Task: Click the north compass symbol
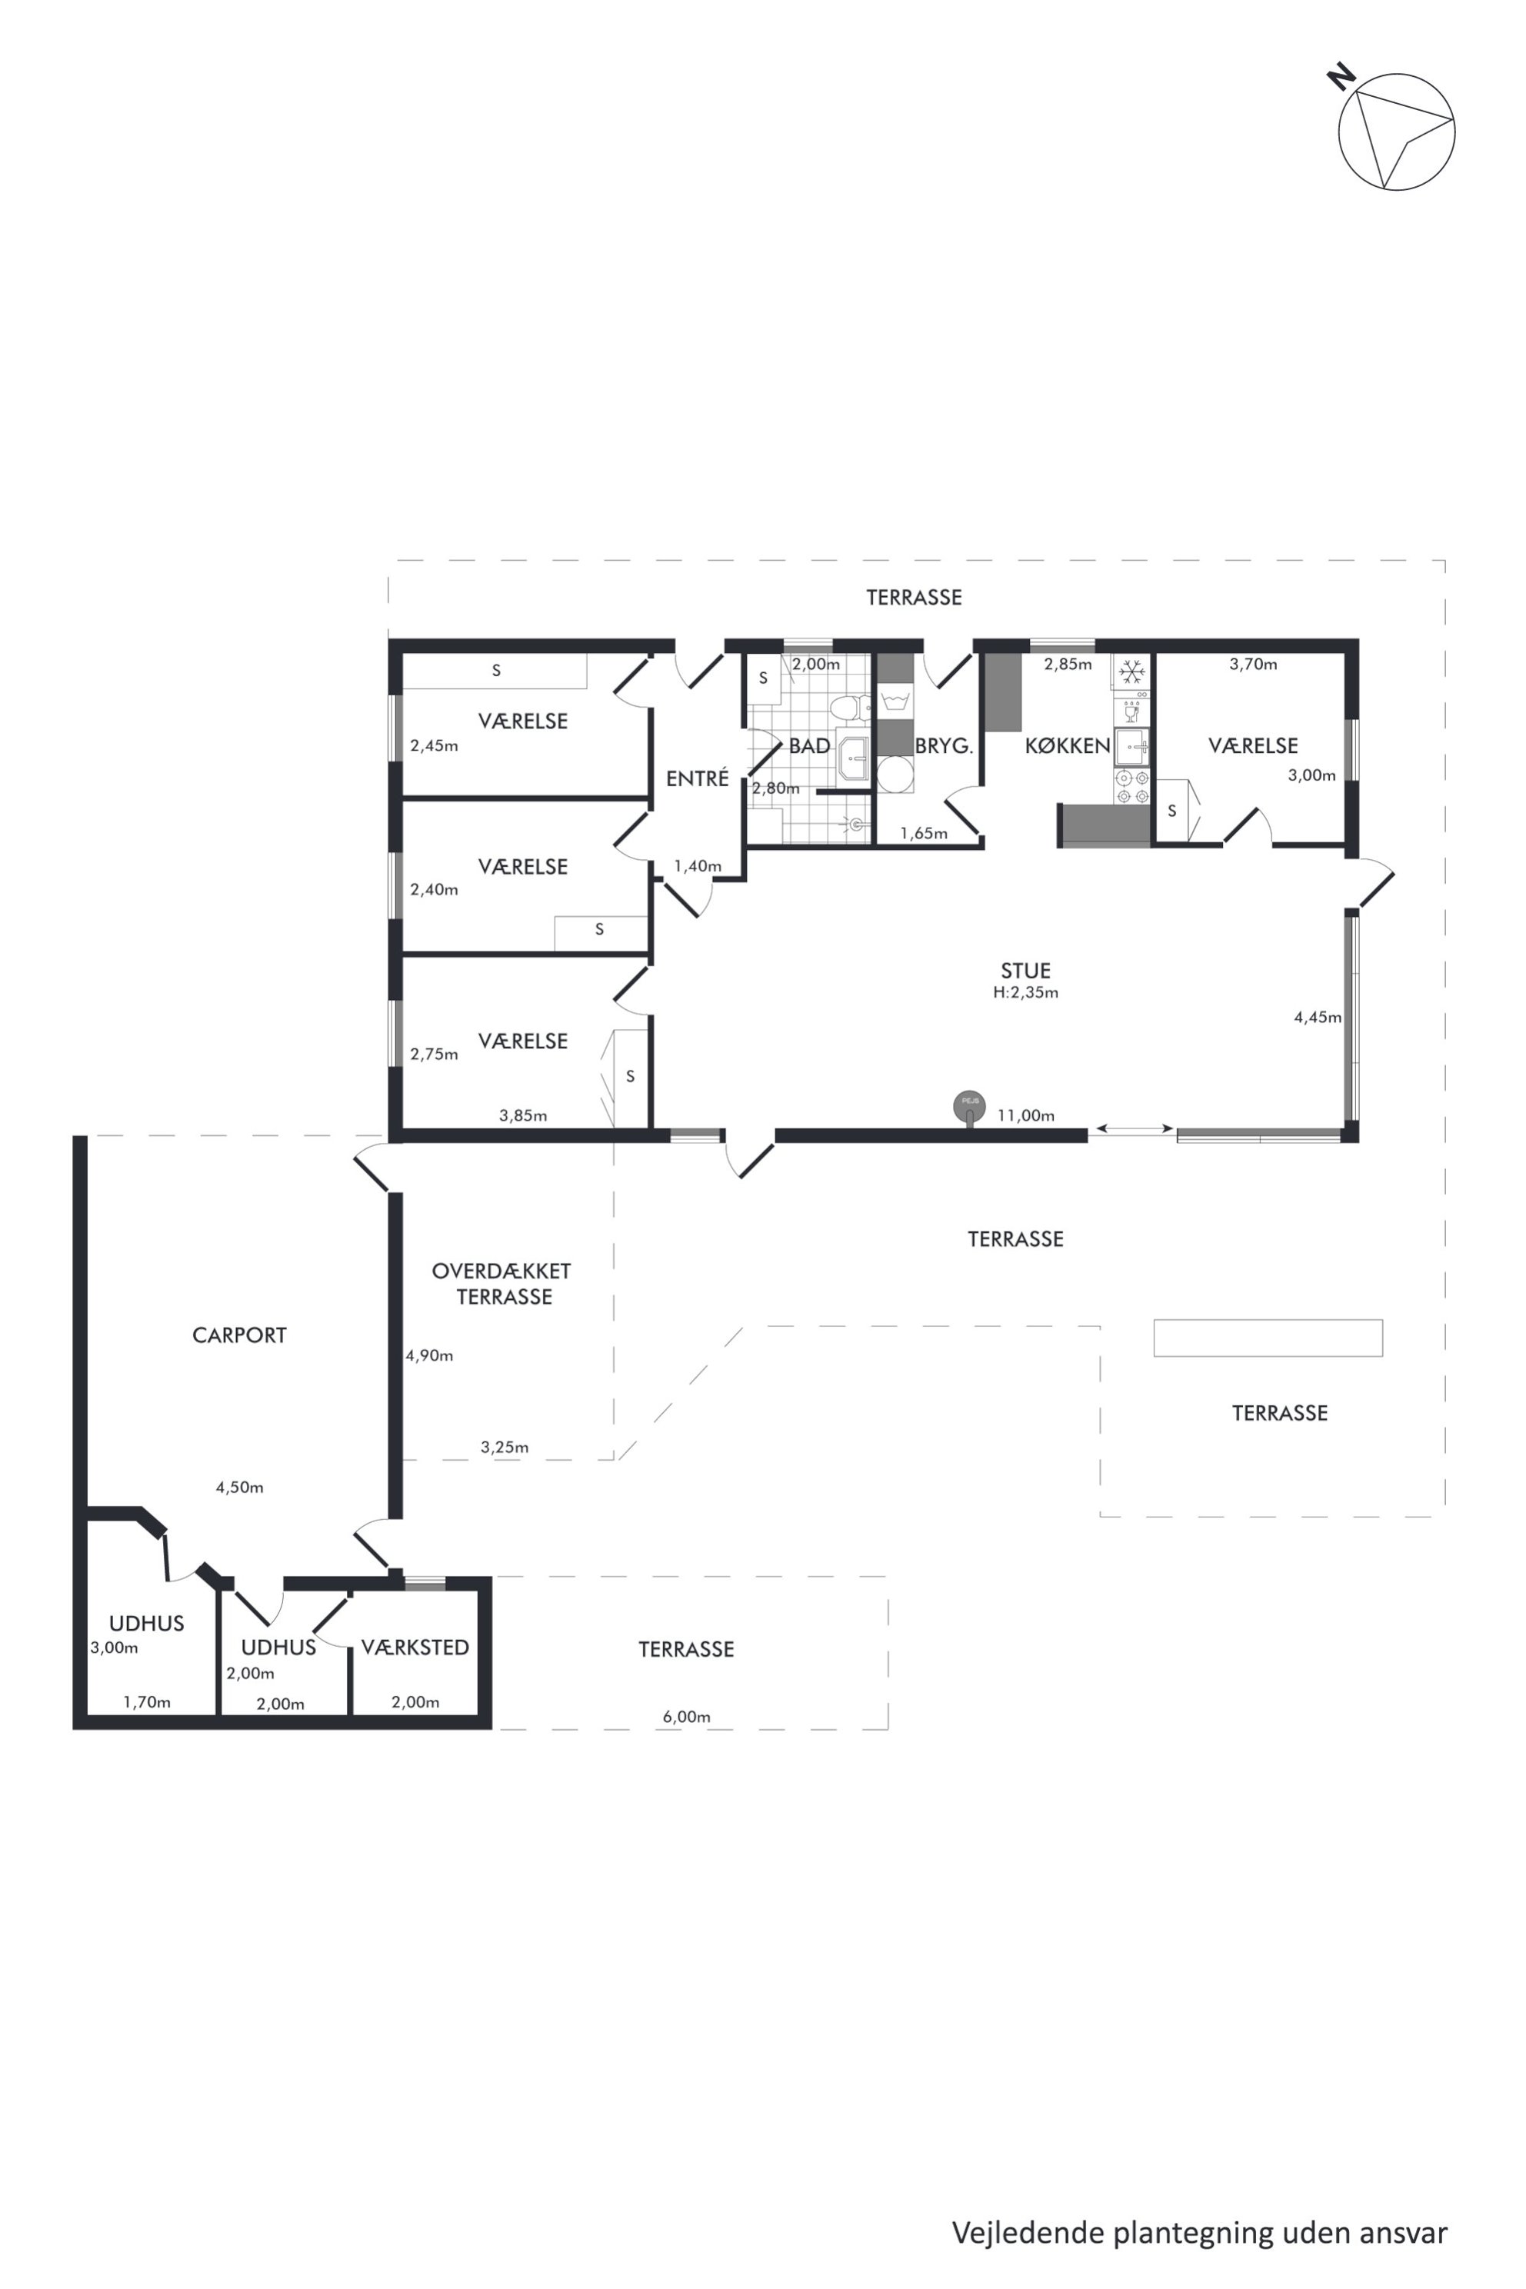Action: (x=1395, y=131)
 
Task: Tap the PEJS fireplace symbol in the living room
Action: (x=969, y=1107)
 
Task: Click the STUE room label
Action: (x=1026, y=971)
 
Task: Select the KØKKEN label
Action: (x=1068, y=745)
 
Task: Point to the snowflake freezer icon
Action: (x=1131, y=671)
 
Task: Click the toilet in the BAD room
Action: (x=850, y=708)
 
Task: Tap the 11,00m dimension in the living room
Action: (x=1026, y=1115)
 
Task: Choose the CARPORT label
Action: (x=239, y=1335)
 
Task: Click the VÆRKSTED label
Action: (x=415, y=1647)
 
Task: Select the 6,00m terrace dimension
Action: (x=686, y=1717)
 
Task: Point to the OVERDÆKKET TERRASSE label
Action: (x=502, y=1284)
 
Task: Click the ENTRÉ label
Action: (x=697, y=778)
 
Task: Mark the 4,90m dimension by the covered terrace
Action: (x=429, y=1356)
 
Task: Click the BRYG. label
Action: (x=944, y=746)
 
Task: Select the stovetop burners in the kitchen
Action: (x=1132, y=786)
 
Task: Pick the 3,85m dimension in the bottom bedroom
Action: (x=524, y=1115)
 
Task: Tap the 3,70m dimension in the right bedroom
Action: (x=1254, y=664)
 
